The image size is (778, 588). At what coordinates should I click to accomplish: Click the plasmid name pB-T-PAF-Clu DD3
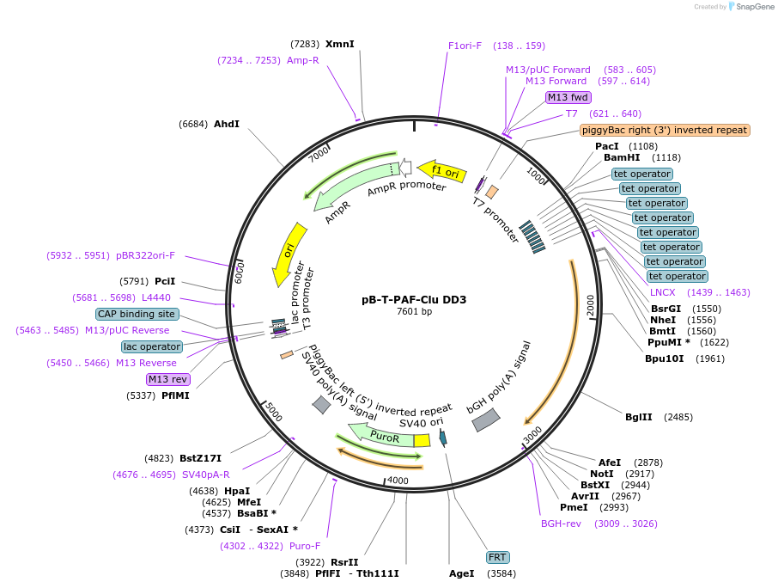(x=414, y=300)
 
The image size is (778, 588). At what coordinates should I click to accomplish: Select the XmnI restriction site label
(x=339, y=44)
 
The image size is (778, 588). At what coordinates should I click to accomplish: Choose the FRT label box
(x=497, y=557)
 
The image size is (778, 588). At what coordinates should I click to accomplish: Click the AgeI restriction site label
(x=461, y=573)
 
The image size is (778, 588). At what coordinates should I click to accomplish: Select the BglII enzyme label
(x=638, y=417)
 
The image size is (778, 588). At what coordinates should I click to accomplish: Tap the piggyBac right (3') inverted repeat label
(x=665, y=130)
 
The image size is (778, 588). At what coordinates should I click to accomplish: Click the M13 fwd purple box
(x=568, y=97)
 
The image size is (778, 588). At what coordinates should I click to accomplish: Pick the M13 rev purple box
(x=168, y=379)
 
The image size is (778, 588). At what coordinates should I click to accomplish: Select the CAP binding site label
(x=137, y=314)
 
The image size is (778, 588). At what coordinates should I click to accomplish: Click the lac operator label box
(x=151, y=346)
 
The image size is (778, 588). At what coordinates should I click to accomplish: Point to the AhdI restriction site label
(x=227, y=124)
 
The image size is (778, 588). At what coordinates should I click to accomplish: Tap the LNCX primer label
(x=662, y=292)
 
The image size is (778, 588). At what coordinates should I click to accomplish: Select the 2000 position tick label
(x=590, y=305)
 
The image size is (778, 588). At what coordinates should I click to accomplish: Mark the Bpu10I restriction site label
(x=665, y=358)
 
